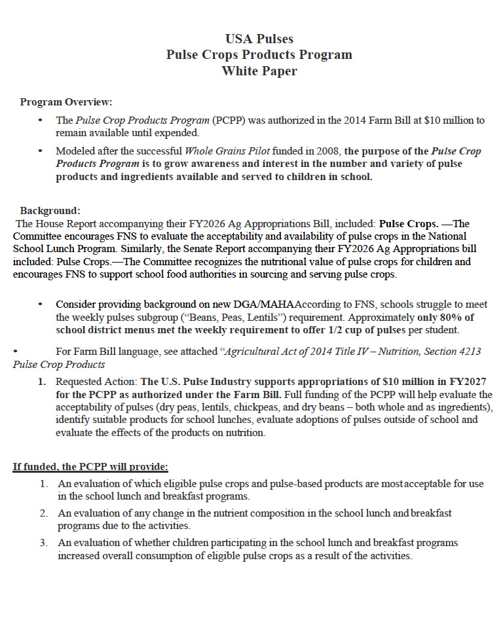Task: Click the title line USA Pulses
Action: point(259,39)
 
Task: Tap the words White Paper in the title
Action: point(259,71)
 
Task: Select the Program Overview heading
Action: point(66,102)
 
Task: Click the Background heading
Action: point(50,211)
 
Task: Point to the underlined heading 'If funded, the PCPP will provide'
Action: point(90,467)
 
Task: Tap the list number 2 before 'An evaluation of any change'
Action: point(43,513)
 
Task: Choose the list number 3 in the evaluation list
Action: point(43,543)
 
